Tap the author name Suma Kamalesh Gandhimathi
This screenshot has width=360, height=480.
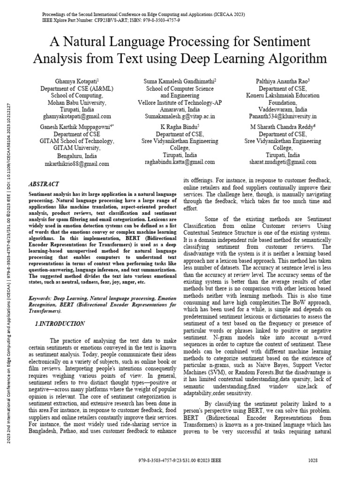point(180,81)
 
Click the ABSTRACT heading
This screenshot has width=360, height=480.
point(44,184)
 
